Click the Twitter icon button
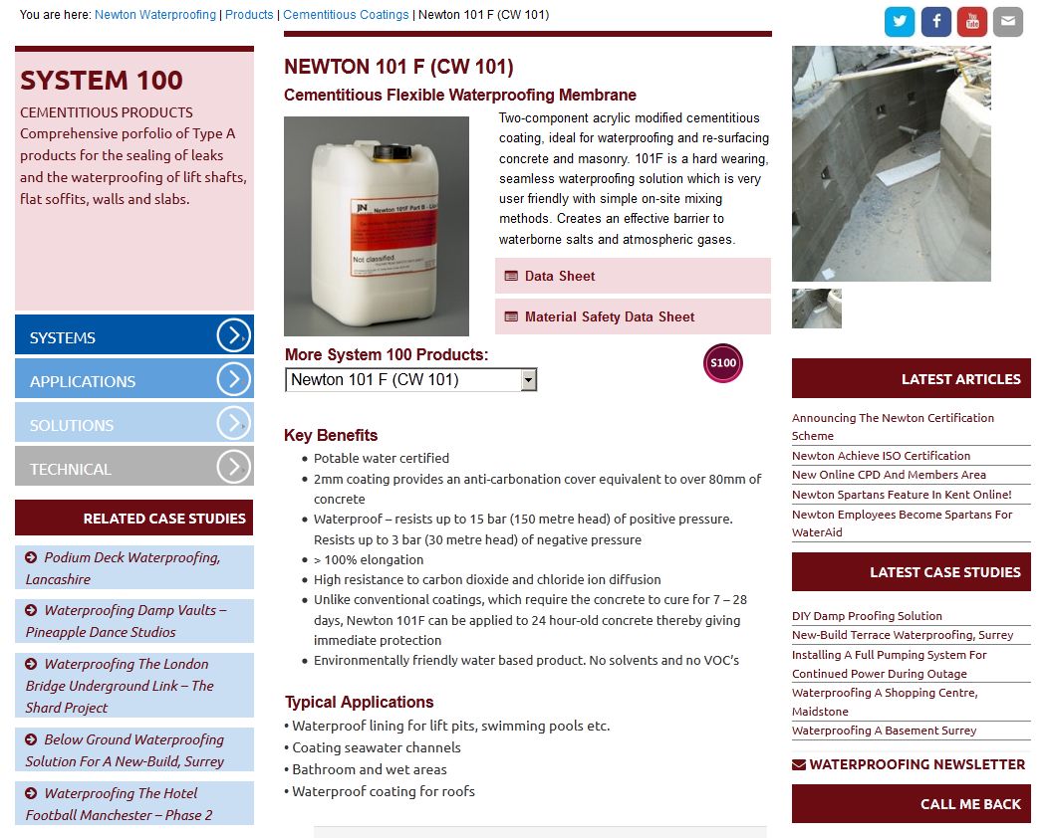[x=900, y=21]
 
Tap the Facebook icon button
[x=936, y=21]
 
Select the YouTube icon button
[x=972, y=21]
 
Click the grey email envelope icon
[x=1008, y=21]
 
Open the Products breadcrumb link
[x=249, y=15]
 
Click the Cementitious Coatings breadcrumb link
[x=346, y=15]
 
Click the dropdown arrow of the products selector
[x=529, y=380]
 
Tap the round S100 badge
[x=723, y=363]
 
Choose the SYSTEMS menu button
[x=134, y=334]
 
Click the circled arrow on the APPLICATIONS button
[x=233, y=379]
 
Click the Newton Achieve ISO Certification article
[x=881, y=456]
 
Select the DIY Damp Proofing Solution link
[x=867, y=616]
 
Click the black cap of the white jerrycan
[x=393, y=153]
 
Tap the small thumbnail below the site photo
[x=817, y=309]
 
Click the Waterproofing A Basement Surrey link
[x=885, y=731]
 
